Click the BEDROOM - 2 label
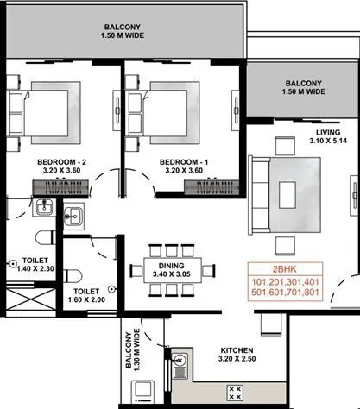click(x=62, y=161)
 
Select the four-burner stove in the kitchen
click(x=234, y=392)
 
